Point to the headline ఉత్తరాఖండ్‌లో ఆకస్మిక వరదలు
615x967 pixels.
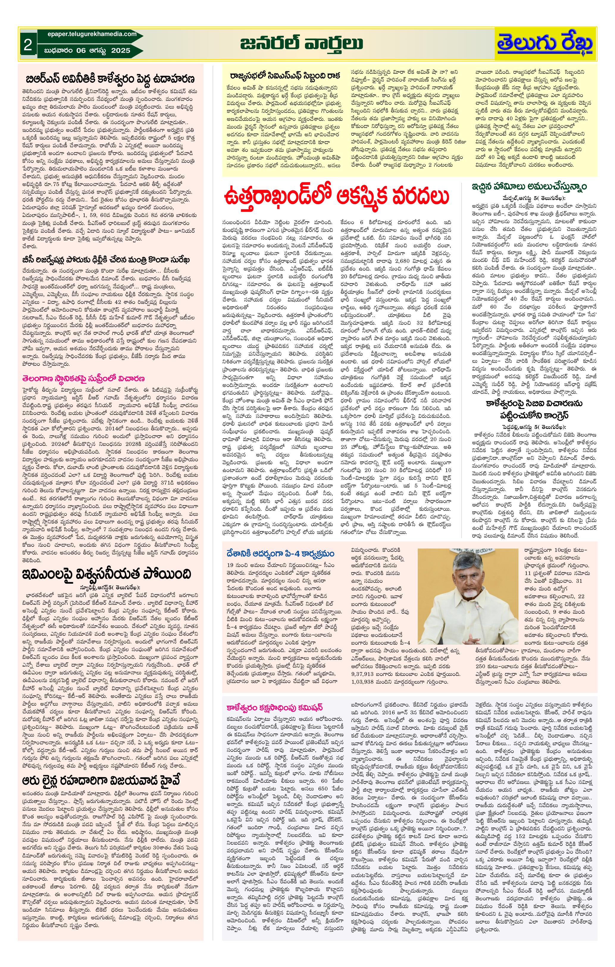coord(337,198)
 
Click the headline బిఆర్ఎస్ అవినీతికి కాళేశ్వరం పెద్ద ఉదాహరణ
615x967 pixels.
coord(110,78)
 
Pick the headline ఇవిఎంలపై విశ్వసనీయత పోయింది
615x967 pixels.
coord(107,573)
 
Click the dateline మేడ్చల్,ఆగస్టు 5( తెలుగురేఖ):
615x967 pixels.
coord(533,199)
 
